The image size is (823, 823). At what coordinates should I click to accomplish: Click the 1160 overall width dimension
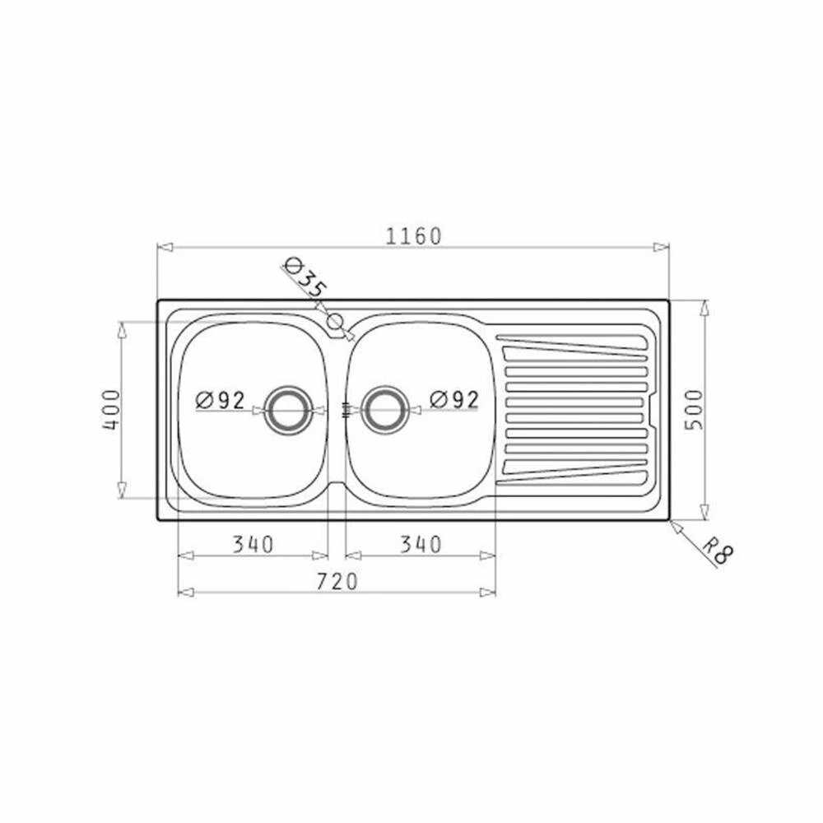pos(414,237)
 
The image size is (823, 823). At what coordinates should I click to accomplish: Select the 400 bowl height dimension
pos(111,410)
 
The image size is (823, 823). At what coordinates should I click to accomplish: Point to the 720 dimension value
pos(337,581)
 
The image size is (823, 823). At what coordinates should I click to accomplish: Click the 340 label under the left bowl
pos(253,544)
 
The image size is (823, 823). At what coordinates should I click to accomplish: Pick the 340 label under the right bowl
pos(421,544)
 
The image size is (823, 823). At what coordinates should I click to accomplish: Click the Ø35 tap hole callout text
pos(305,278)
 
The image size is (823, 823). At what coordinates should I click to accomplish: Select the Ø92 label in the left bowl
pos(220,401)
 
